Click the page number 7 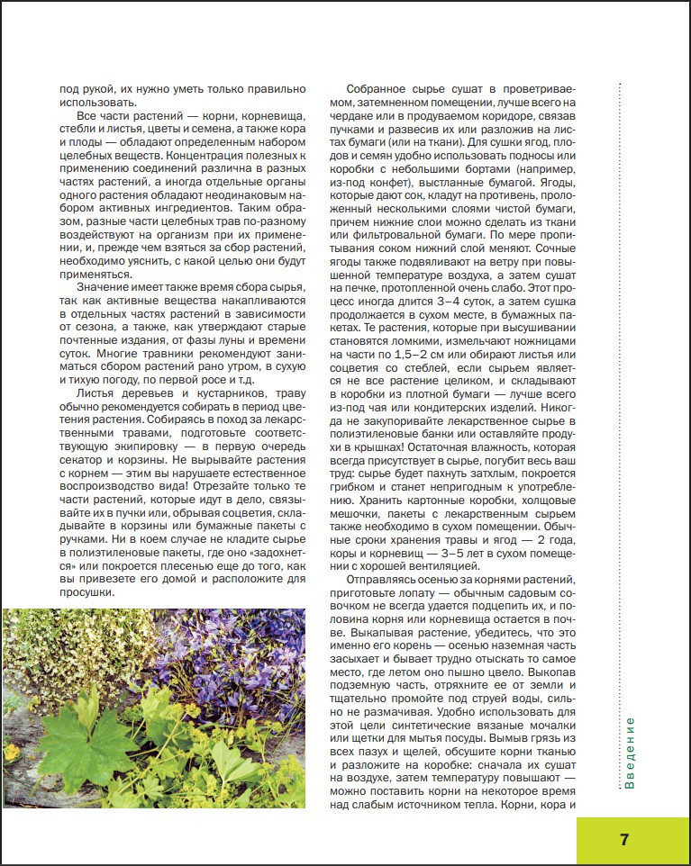pyautogui.click(x=624, y=840)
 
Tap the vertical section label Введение pyautogui.click(x=630, y=753)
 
